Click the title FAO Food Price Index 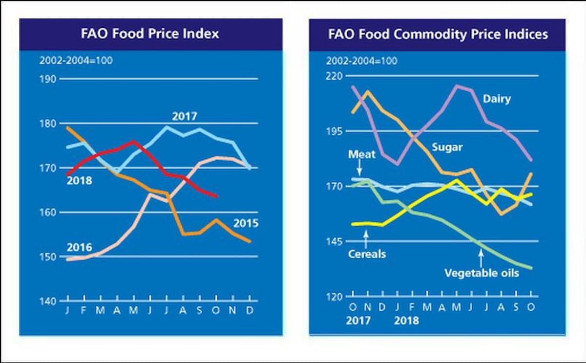pyautogui.click(x=149, y=34)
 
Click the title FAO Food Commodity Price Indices pyautogui.click(x=438, y=34)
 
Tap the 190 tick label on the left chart pyautogui.click(x=48, y=79)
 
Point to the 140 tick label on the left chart pyautogui.click(x=48, y=301)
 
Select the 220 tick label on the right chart pyautogui.click(x=336, y=76)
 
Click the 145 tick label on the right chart pyautogui.click(x=336, y=241)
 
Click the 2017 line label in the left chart pyautogui.click(x=184, y=116)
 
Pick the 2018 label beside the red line pyautogui.click(x=79, y=181)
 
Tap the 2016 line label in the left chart pyautogui.click(x=79, y=248)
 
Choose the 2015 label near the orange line pyautogui.click(x=246, y=224)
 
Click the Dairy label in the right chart pyautogui.click(x=497, y=99)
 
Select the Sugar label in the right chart pyautogui.click(x=447, y=147)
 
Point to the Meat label pyautogui.click(x=362, y=154)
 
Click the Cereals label pyautogui.click(x=367, y=254)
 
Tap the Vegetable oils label pyautogui.click(x=481, y=273)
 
